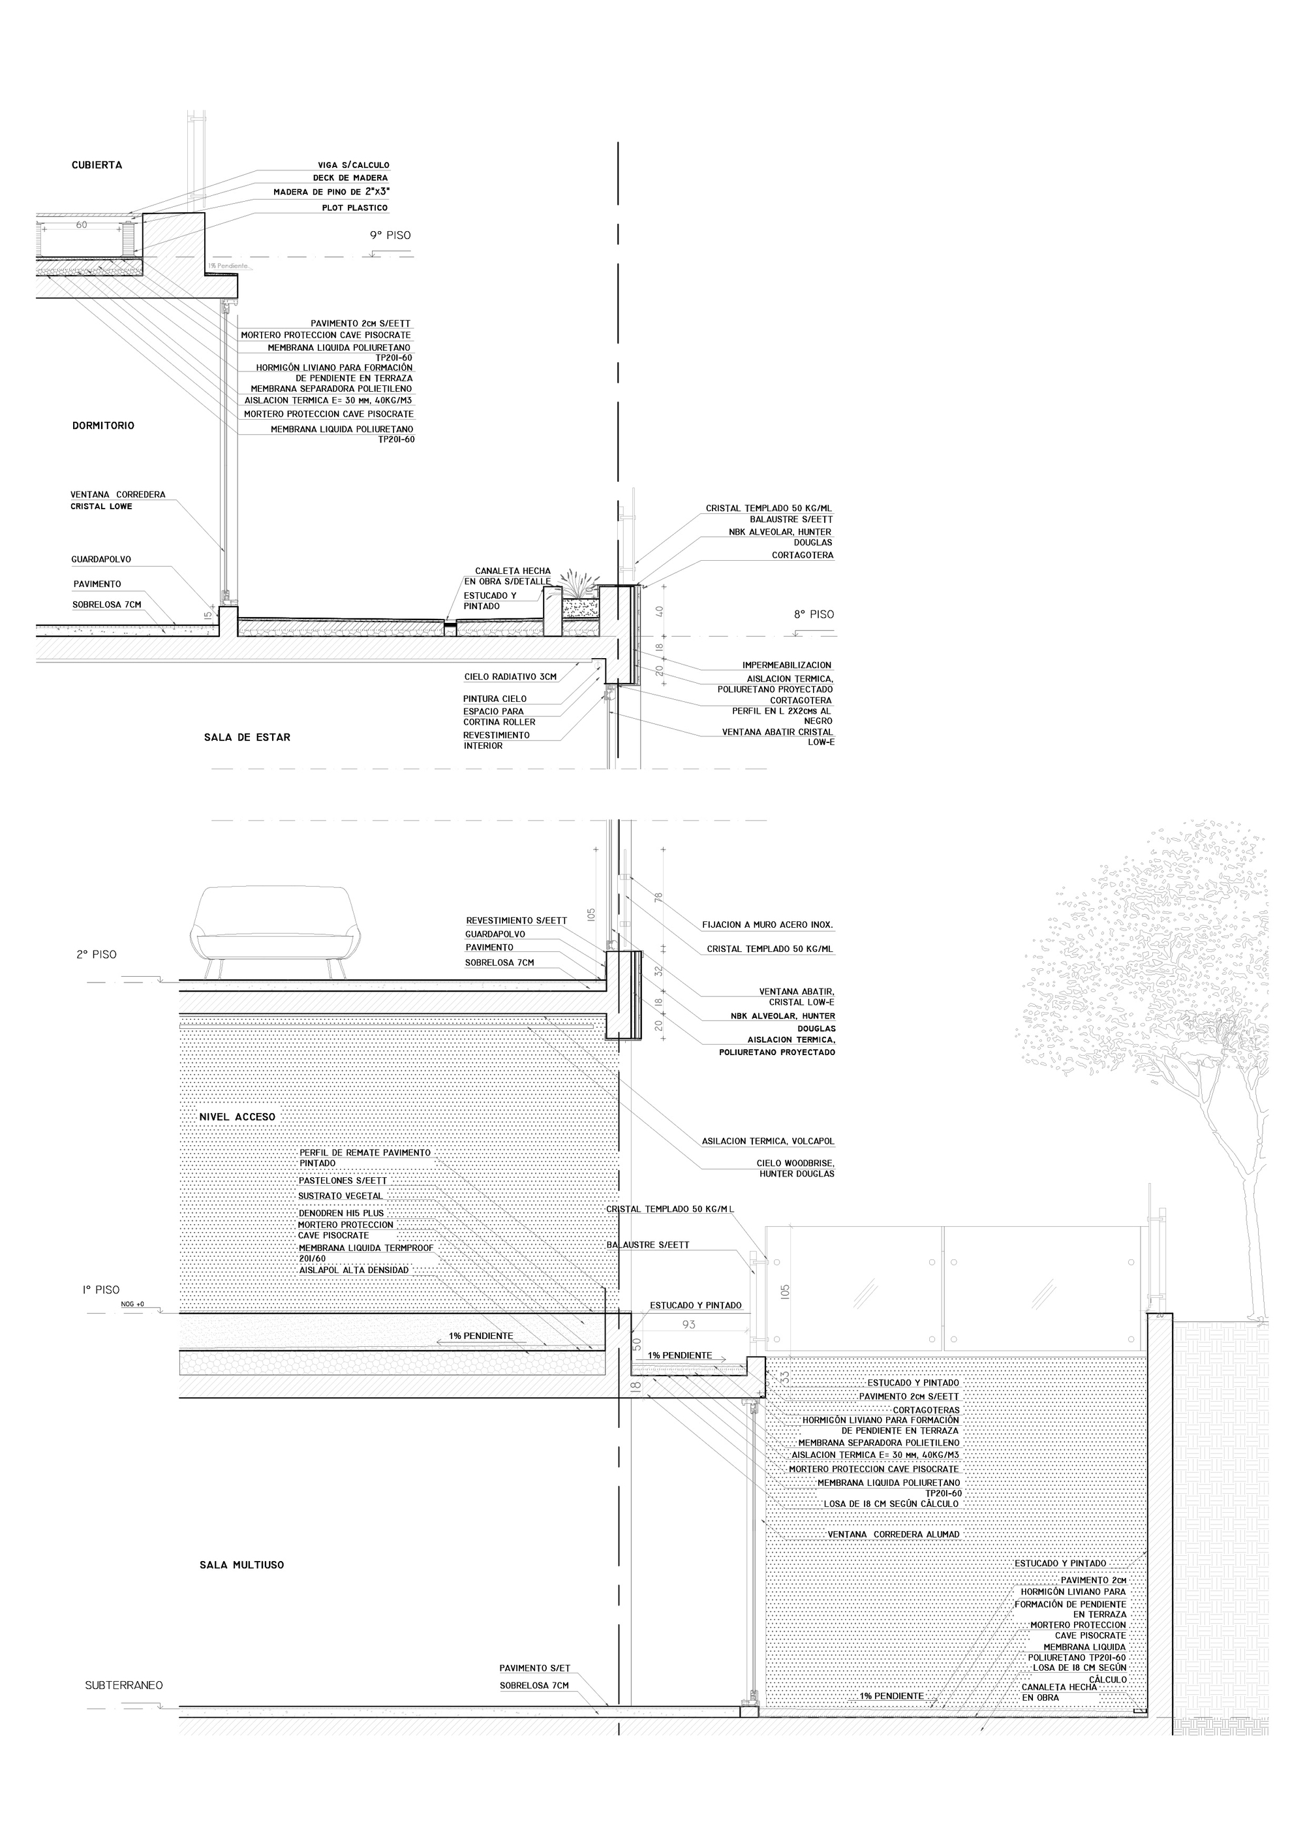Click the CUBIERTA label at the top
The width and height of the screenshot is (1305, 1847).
coord(97,165)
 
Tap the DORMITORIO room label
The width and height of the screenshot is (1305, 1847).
coord(103,426)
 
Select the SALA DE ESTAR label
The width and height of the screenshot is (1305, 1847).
coord(247,737)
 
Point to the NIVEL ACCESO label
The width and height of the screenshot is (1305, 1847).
coord(238,1116)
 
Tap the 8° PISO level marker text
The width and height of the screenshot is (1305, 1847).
coord(814,614)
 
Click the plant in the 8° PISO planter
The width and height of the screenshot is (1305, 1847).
coord(577,584)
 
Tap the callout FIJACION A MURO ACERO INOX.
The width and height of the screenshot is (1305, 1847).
coord(767,924)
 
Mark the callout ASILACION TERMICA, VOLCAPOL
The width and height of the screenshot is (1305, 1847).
coord(768,1141)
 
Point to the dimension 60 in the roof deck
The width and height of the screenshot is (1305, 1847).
coord(81,225)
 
